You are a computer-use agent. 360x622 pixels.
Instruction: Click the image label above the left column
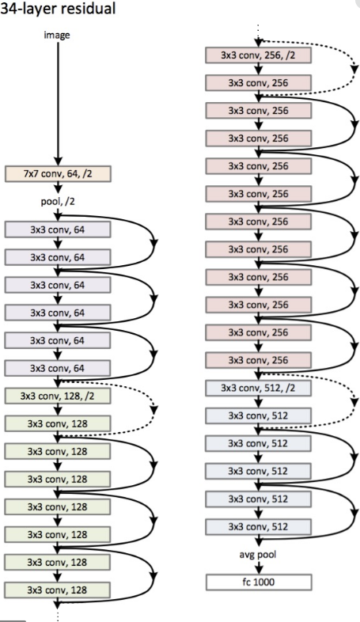[58, 35]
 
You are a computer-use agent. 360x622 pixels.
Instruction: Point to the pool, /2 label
[58, 202]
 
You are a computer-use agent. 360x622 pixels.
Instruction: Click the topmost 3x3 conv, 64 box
[58, 229]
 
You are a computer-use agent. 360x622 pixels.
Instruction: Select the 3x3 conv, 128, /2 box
[58, 395]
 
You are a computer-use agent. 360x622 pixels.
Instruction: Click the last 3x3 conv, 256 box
[258, 360]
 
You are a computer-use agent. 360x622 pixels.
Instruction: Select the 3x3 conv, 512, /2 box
[258, 388]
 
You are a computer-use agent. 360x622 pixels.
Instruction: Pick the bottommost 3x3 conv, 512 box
[258, 526]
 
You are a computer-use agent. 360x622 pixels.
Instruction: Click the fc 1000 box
[258, 582]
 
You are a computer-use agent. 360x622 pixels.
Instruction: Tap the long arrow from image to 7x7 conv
[58, 103]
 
